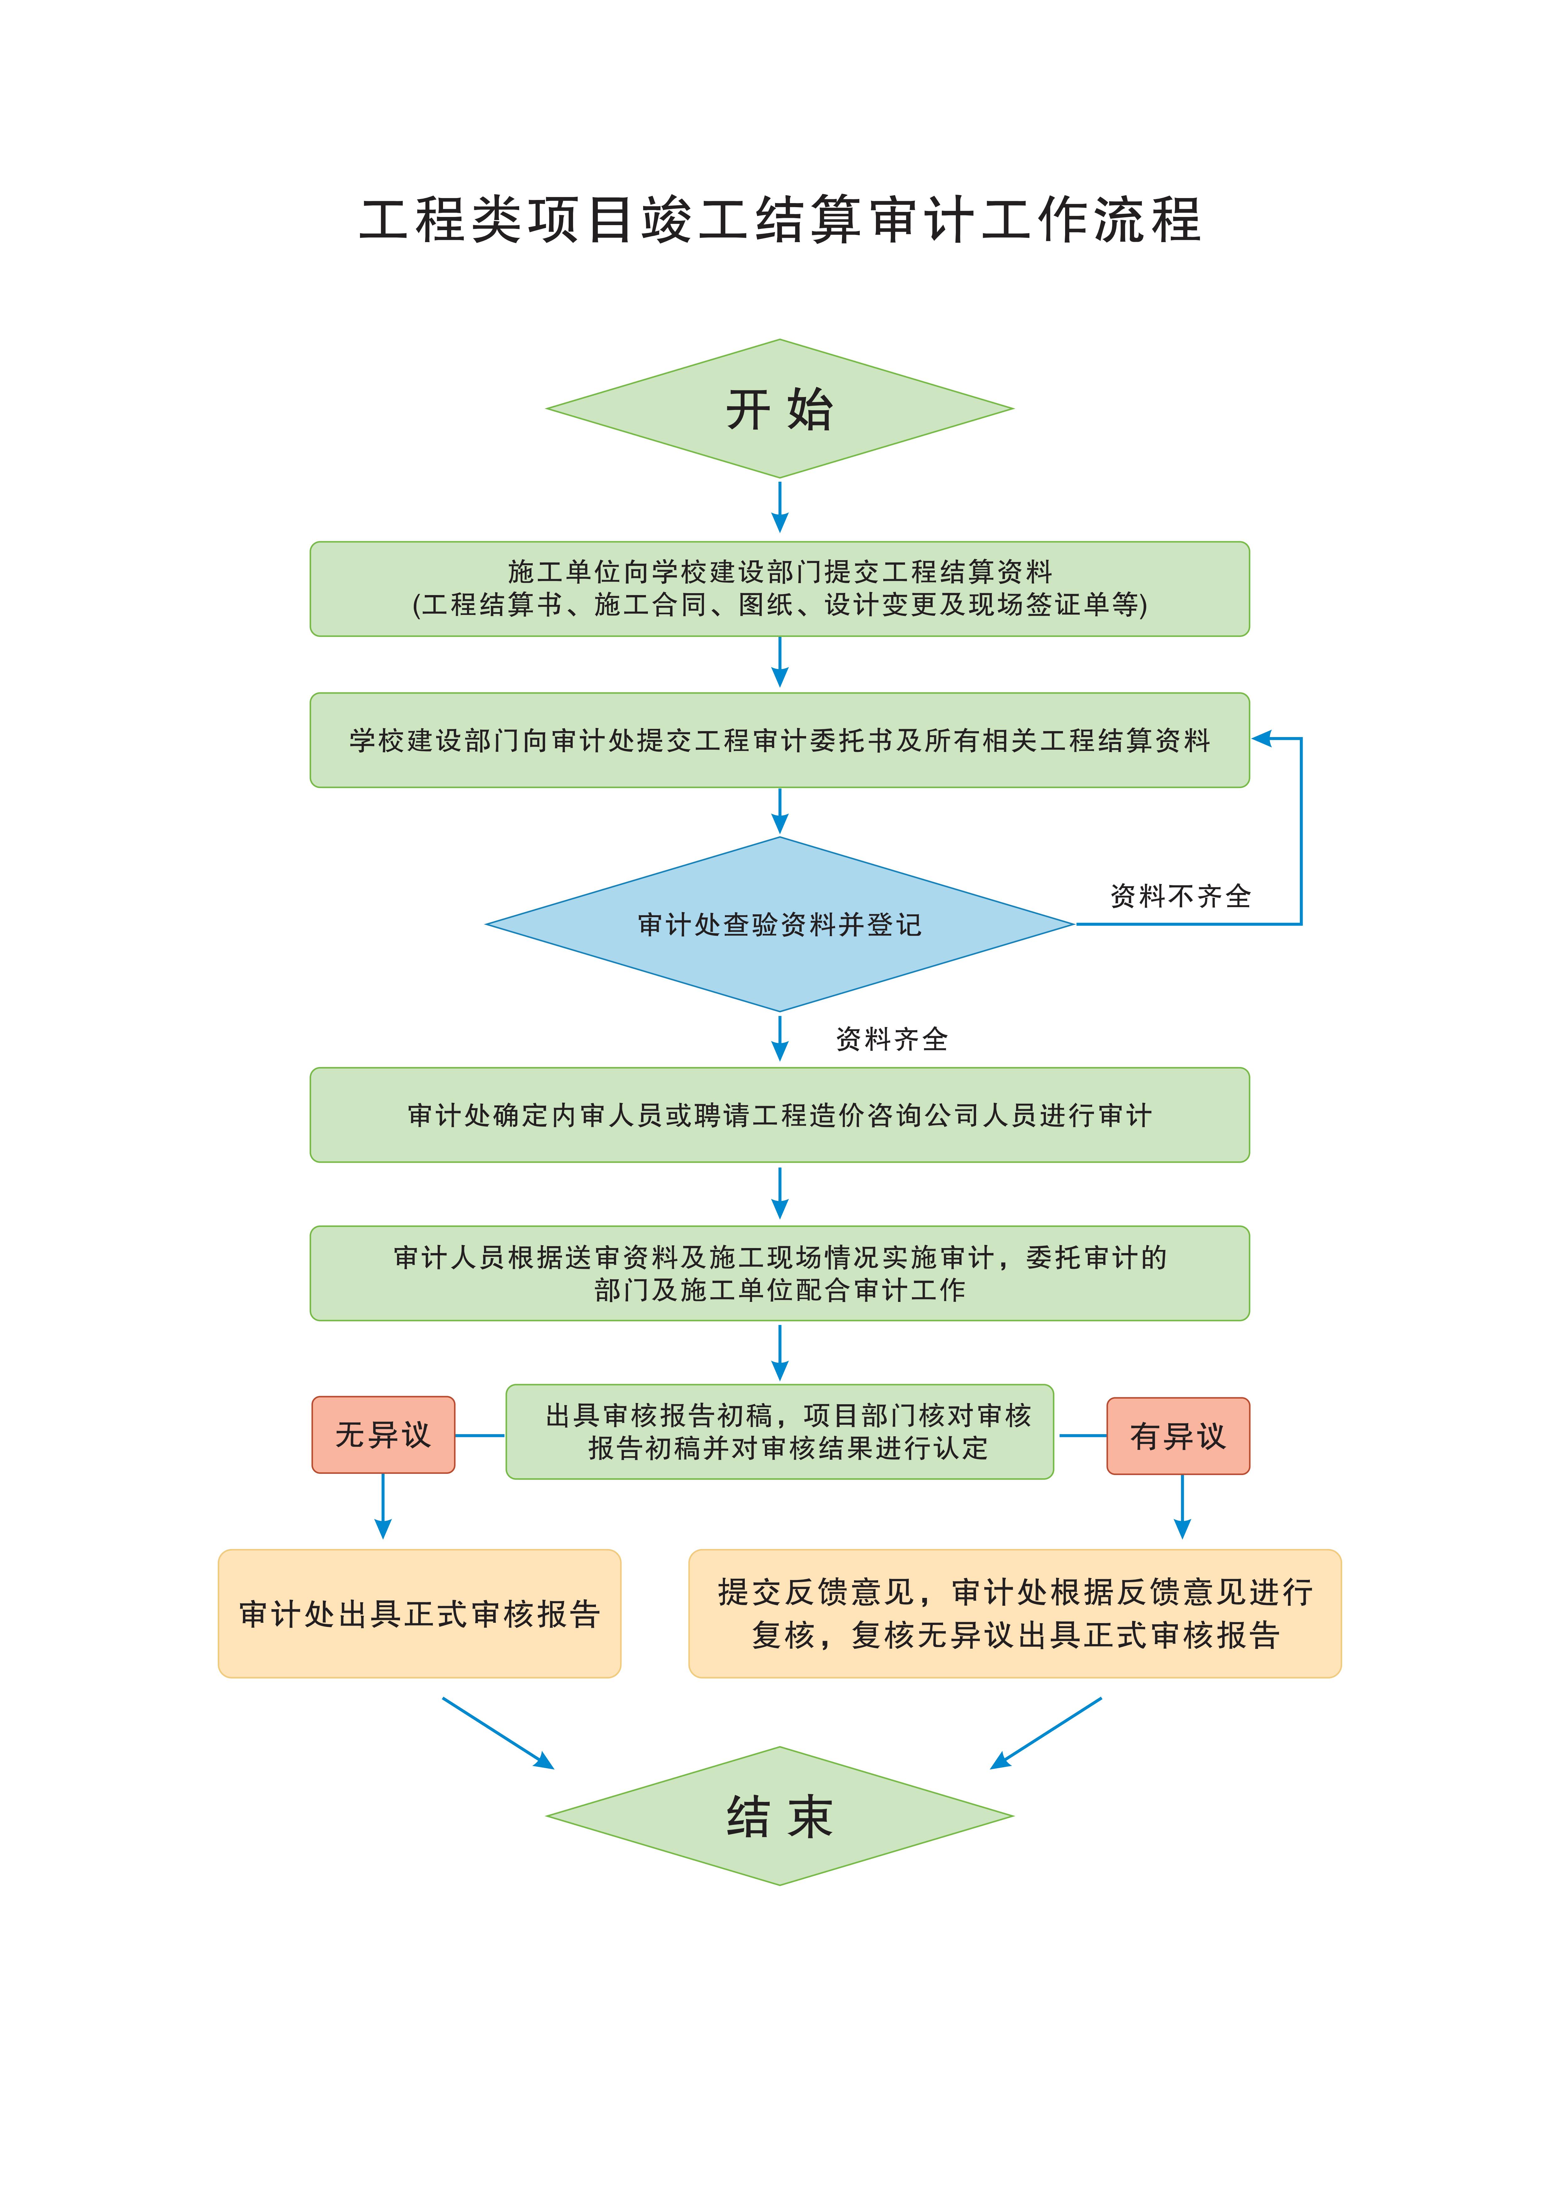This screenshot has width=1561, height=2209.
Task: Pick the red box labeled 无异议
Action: pos(383,1434)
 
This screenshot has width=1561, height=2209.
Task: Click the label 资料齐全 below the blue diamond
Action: pos(892,1039)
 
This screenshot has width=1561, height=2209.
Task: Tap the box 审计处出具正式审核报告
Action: pos(419,1613)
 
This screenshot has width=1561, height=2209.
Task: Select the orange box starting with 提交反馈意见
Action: pos(1015,1613)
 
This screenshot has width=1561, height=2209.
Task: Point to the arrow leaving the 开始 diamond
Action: pos(780,506)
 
